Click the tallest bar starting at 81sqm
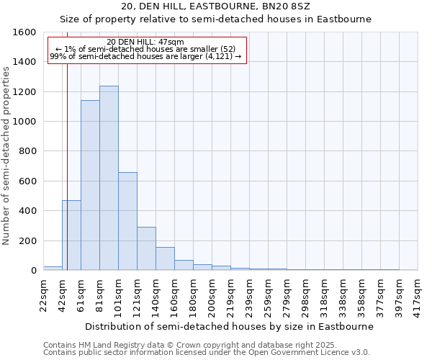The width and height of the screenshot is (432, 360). [109, 178]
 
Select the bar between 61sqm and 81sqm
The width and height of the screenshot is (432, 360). [90, 185]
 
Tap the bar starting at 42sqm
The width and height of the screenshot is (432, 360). [71, 235]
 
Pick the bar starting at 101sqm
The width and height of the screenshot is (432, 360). [127, 221]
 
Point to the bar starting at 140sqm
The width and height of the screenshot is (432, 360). [165, 258]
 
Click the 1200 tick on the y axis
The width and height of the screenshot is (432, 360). [24, 92]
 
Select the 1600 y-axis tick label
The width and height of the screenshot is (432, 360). [24, 32]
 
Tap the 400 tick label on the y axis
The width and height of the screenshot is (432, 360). [27, 211]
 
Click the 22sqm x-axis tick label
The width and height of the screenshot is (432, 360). [44, 294]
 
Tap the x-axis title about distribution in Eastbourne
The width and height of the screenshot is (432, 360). [229, 326]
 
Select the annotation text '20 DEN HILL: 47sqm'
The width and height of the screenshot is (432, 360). [145, 42]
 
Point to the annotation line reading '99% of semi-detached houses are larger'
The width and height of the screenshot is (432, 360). [145, 57]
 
